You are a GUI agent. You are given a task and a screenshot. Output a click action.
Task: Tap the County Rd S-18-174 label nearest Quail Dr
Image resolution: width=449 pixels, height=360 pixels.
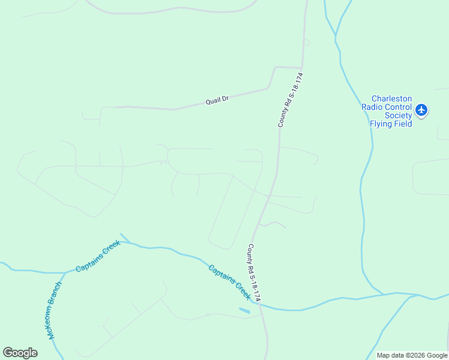click(x=291, y=100)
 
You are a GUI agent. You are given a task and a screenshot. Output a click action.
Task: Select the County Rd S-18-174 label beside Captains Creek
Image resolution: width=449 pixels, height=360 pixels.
click(x=255, y=272)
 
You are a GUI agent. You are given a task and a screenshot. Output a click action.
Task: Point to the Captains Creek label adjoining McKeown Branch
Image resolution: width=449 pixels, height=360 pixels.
click(x=98, y=256)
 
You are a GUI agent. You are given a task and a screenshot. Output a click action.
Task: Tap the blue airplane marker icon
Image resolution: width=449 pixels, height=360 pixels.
click(x=421, y=110)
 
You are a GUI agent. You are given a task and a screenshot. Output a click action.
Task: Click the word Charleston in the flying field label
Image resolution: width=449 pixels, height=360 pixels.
click(x=391, y=99)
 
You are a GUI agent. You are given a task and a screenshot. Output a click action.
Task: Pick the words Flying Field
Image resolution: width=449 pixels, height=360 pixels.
click(x=391, y=124)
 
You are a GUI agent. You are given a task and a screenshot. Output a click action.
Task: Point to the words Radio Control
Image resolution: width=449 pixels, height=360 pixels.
click(x=387, y=107)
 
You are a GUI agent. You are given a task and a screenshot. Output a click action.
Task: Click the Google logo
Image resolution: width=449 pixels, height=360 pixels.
click(x=20, y=353)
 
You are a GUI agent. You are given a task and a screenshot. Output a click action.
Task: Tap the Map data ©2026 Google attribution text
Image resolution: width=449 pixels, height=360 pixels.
click(x=412, y=355)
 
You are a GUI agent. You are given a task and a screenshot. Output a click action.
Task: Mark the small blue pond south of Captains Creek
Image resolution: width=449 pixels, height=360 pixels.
click(x=245, y=311)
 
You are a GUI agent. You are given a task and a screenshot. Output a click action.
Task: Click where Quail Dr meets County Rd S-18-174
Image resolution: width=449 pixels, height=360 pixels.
click(x=302, y=68)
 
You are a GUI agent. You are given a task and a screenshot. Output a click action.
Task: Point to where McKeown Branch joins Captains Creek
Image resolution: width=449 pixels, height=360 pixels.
click(x=65, y=272)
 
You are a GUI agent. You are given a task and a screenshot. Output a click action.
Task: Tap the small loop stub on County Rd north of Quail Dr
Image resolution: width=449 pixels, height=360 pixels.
click(x=307, y=42)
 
